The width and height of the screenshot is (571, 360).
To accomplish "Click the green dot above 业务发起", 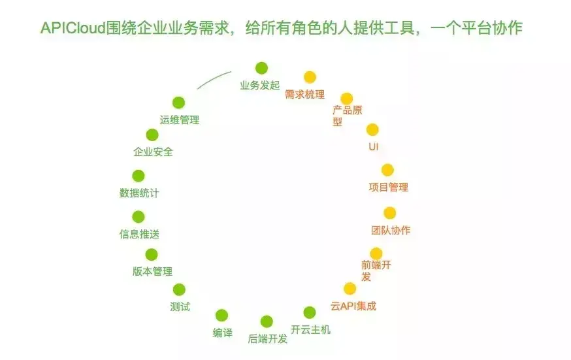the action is [x=261, y=68].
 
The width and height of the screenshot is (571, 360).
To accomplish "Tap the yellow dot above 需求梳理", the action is [x=310, y=77].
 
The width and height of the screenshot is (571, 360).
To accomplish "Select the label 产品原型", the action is [x=347, y=116].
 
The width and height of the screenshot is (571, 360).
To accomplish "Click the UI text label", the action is [x=374, y=146].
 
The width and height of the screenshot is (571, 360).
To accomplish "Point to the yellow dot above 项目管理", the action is [x=387, y=170].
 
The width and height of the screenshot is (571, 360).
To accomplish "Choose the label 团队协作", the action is [x=391, y=230].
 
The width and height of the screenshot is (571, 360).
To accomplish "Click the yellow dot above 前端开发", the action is [x=376, y=254].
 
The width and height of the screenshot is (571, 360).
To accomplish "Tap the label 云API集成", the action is [x=353, y=306].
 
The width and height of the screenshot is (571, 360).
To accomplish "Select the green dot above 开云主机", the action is [x=310, y=312].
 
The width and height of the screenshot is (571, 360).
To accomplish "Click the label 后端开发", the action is [x=268, y=338].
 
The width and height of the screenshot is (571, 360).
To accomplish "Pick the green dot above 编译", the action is [x=222, y=316].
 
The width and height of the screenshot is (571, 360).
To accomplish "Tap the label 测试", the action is [x=180, y=306].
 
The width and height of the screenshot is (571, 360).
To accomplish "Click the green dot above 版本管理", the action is [x=152, y=255].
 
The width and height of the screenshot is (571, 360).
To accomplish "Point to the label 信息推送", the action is [x=139, y=234].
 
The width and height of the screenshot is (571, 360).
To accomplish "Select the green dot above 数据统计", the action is [x=139, y=176].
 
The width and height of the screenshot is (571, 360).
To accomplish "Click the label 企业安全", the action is [x=153, y=152].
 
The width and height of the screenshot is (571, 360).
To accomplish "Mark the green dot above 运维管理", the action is [x=178, y=103].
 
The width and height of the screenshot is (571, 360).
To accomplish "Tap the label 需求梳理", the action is [x=304, y=94].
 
